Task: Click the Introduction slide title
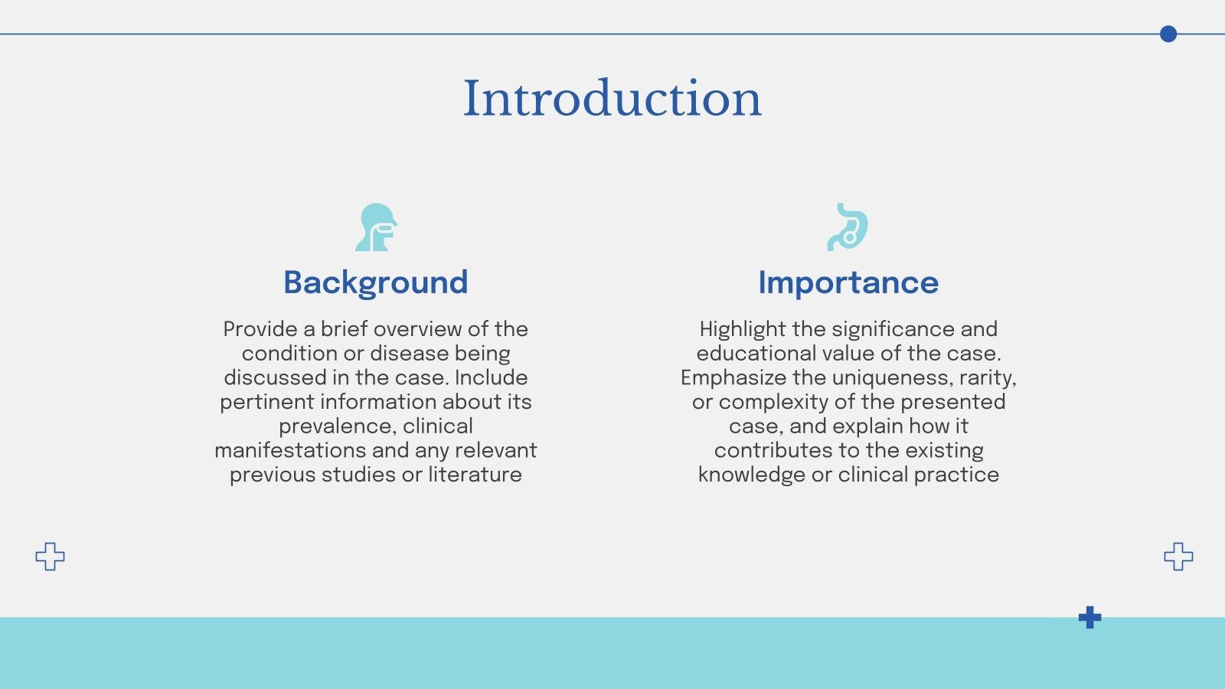point(612,99)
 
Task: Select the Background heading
point(375,282)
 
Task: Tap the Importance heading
point(848,282)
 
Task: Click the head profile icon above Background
point(375,227)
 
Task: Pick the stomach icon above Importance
point(848,227)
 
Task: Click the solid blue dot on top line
point(1168,34)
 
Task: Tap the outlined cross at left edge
point(51,557)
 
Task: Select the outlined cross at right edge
point(1178,557)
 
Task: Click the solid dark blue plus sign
point(1089,617)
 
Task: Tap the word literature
point(475,475)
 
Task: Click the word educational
point(755,354)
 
